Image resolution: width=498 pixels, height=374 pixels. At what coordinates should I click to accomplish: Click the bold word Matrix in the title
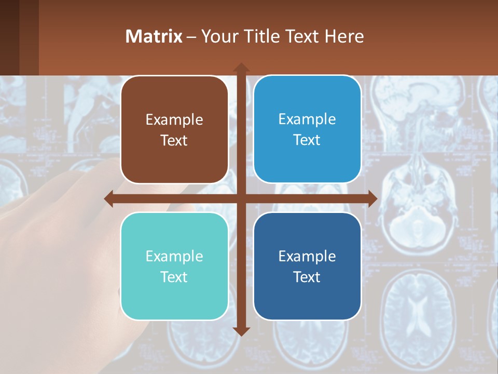click(x=154, y=36)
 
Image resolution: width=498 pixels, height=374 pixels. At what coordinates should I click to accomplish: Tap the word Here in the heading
click(x=344, y=36)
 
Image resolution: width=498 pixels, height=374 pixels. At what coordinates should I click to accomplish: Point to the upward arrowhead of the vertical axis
click(x=241, y=68)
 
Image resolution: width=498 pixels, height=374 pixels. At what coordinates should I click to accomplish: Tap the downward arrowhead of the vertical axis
click(x=241, y=331)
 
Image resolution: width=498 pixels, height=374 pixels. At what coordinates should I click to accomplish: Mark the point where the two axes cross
click(x=241, y=199)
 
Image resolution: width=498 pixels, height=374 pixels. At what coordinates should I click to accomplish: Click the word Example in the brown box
click(x=174, y=120)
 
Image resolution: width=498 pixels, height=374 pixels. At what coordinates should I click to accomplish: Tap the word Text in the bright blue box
click(x=307, y=140)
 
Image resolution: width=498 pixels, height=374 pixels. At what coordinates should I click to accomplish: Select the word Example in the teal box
click(x=174, y=256)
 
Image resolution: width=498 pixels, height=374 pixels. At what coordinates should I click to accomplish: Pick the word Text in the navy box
click(x=307, y=277)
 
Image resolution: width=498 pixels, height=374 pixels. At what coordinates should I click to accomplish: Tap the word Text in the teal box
click(x=174, y=277)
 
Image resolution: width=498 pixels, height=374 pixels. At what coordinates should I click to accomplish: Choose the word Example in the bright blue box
click(x=307, y=119)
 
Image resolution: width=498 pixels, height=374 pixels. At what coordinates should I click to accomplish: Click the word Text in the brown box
click(x=174, y=140)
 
